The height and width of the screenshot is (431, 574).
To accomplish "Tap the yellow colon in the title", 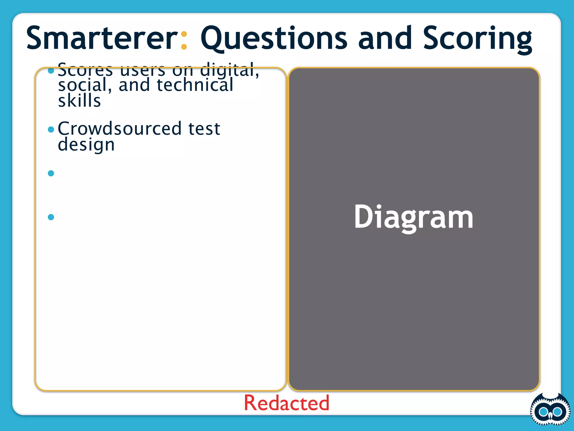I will (x=184, y=41).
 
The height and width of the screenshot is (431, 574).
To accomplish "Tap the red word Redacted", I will (x=286, y=403).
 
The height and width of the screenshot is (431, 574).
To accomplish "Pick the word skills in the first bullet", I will (x=79, y=101).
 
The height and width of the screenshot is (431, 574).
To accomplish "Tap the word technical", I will (x=195, y=85).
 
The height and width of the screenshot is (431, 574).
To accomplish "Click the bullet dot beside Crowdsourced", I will (x=51, y=129).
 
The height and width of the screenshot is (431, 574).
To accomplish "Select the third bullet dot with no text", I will (x=51, y=173).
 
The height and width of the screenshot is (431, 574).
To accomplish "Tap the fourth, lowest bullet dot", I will (x=51, y=217).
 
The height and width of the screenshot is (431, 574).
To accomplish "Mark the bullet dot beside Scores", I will (x=51, y=70).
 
